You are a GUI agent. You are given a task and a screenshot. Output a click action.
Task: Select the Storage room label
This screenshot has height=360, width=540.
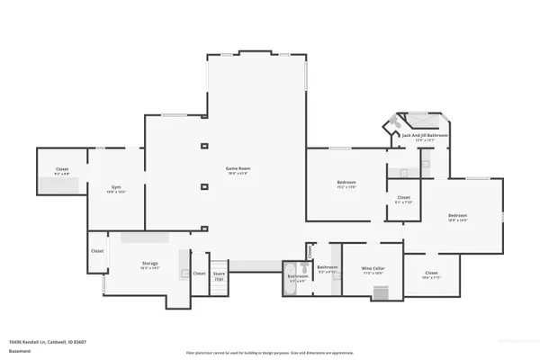[149, 265]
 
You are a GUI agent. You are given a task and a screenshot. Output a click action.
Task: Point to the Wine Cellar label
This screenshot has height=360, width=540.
[373, 268]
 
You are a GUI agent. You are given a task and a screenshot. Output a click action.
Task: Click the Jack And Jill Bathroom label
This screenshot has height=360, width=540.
[418, 137]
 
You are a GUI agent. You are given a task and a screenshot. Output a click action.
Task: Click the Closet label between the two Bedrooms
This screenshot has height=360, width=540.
[403, 199]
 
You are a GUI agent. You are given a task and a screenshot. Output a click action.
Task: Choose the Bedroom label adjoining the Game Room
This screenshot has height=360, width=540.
[346, 184]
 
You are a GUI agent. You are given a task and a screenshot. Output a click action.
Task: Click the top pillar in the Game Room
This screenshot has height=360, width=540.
[204, 145]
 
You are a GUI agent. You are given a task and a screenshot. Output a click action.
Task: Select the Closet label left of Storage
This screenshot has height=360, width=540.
[97, 251]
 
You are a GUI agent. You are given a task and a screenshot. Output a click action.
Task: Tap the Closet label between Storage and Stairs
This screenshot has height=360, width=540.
[199, 274]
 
